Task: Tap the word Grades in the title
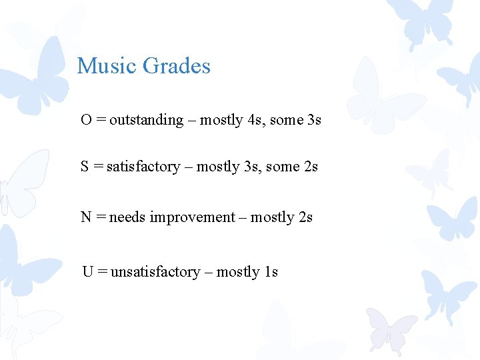(177, 66)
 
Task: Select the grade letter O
(86, 120)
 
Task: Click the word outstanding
(146, 120)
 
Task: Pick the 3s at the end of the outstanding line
(314, 120)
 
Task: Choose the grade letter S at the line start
(85, 167)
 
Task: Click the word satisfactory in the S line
(143, 167)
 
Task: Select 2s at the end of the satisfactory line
(311, 167)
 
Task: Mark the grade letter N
(86, 217)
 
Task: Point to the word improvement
(193, 217)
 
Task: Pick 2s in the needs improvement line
(306, 217)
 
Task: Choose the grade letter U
(87, 272)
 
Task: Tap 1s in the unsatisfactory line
(271, 272)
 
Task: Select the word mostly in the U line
(238, 272)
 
